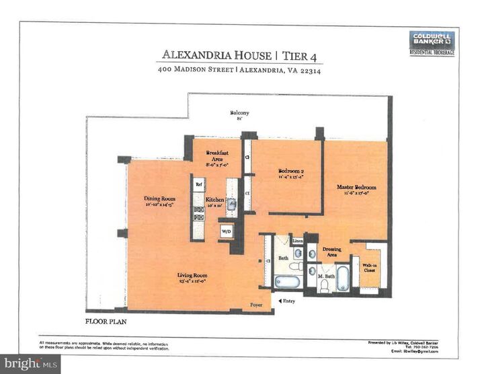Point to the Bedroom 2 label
[291, 174]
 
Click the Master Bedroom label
[356, 189]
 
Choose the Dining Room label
[159, 201]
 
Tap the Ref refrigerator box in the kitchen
[199, 184]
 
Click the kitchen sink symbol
[231, 204]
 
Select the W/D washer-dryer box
[226, 232]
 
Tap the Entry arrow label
[286, 301]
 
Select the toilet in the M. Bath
[324, 285]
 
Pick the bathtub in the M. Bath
[343, 277]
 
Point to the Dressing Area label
[331, 252]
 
